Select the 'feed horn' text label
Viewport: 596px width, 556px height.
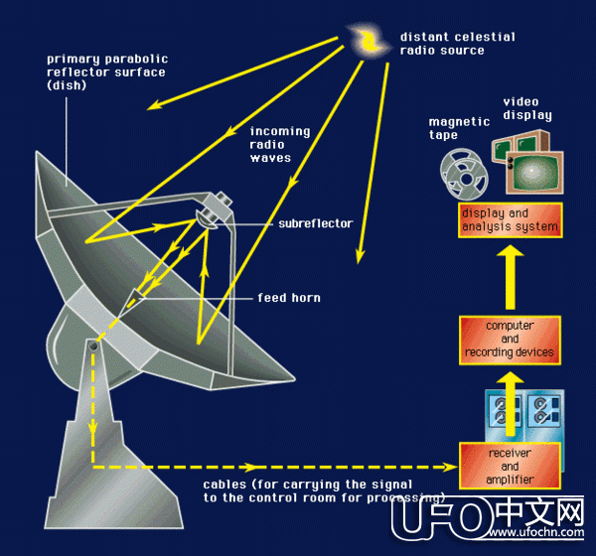[x=288, y=298]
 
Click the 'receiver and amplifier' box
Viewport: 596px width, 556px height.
[x=510, y=467]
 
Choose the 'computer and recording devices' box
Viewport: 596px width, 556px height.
[x=510, y=339]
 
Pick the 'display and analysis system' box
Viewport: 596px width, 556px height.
[x=510, y=219]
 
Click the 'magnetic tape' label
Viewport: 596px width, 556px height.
[x=459, y=128]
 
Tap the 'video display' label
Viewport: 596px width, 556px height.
[x=526, y=108]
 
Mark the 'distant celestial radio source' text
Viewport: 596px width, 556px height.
[x=457, y=44]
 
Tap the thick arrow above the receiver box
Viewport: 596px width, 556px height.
[x=509, y=397]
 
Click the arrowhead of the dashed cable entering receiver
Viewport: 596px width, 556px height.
[x=448, y=466]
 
